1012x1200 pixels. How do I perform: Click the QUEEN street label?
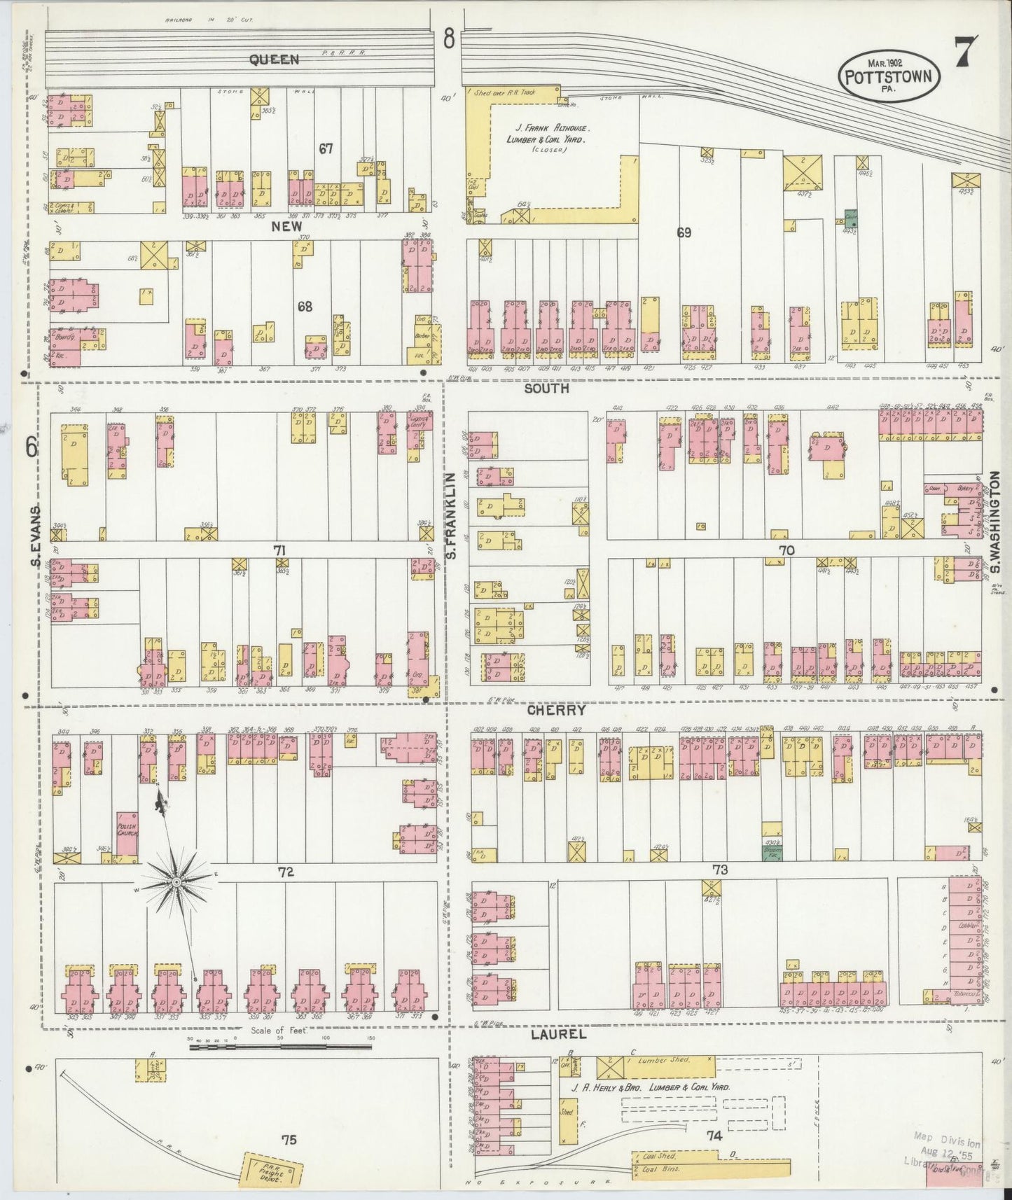[x=274, y=60]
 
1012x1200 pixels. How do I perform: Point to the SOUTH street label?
[x=546, y=388]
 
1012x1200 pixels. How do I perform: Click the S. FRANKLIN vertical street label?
[x=452, y=515]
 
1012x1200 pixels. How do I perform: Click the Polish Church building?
[x=127, y=835]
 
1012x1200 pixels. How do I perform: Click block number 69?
[x=684, y=233]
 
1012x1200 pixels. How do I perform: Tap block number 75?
[x=289, y=1140]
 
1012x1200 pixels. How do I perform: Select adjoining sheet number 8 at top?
[x=448, y=40]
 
